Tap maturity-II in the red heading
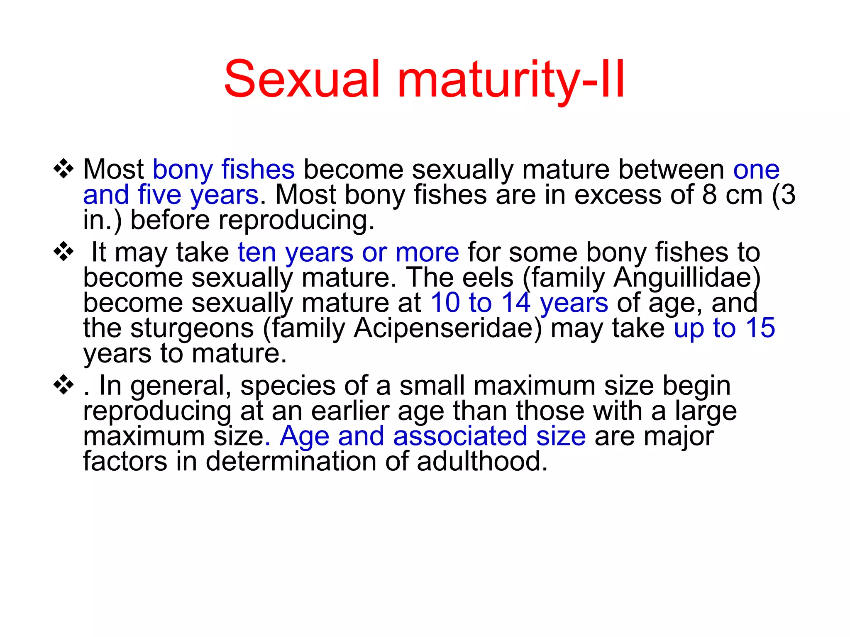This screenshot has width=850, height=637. coord(511,80)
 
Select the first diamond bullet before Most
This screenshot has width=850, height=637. coord(64,169)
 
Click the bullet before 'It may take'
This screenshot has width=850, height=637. coord(64,252)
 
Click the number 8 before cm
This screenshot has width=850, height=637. coord(709,195)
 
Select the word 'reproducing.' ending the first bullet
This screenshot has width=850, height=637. coord(297,220)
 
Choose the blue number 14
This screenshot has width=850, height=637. coord(516,303)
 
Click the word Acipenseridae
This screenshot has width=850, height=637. coord(448,328)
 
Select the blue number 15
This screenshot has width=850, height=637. coord(760,328)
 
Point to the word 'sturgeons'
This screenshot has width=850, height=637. coord(192,328)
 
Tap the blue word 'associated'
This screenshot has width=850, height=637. coord(460,436)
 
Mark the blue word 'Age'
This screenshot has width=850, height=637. coord(304,436)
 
